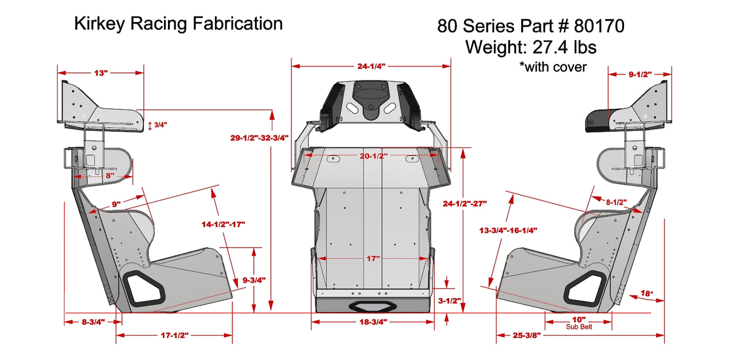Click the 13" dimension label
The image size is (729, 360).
tap(101, 73)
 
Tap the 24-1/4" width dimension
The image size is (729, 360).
tap(371, 66)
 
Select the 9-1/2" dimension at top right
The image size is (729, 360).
tap(640, 75)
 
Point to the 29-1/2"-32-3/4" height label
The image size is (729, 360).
tap(259, 138)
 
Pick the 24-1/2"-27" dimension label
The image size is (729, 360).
tap(465, 204)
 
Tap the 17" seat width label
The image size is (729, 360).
tap(373, 259)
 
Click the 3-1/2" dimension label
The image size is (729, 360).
tap(450, 301)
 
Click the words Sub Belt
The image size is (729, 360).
tap(579, 327)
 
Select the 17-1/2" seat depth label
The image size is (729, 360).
tap(175, 335)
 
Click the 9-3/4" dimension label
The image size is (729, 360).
tap(254, 279)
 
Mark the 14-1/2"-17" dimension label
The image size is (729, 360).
tap(223, 224)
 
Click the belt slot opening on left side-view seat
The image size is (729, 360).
tap(143, 287)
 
